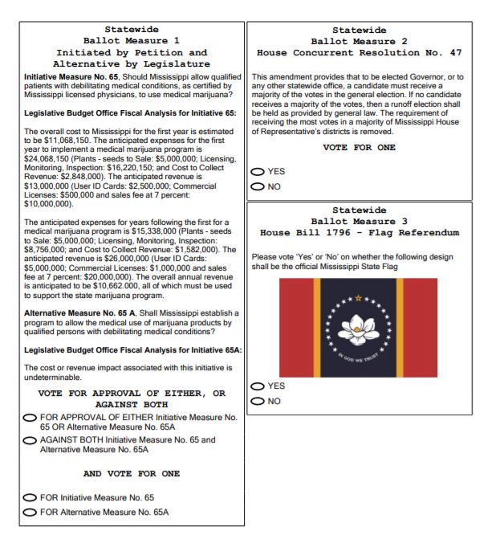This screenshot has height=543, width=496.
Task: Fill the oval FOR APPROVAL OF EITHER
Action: tap(30, 418)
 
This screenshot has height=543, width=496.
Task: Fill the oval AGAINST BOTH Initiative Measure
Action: tap(30, 440)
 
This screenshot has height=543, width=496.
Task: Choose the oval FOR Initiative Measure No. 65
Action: tap(30, 498)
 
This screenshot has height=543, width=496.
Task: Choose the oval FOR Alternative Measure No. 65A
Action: tap(30, 512)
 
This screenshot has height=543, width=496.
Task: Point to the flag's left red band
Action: tap(295, 329)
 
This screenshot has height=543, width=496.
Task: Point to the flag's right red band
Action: tap(421, 329)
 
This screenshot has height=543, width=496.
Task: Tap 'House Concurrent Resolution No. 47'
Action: tap(359, 52)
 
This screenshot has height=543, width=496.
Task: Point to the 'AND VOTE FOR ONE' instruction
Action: tap(132, 474)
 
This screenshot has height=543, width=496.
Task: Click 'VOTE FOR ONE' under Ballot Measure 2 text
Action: tap(359, 148)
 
